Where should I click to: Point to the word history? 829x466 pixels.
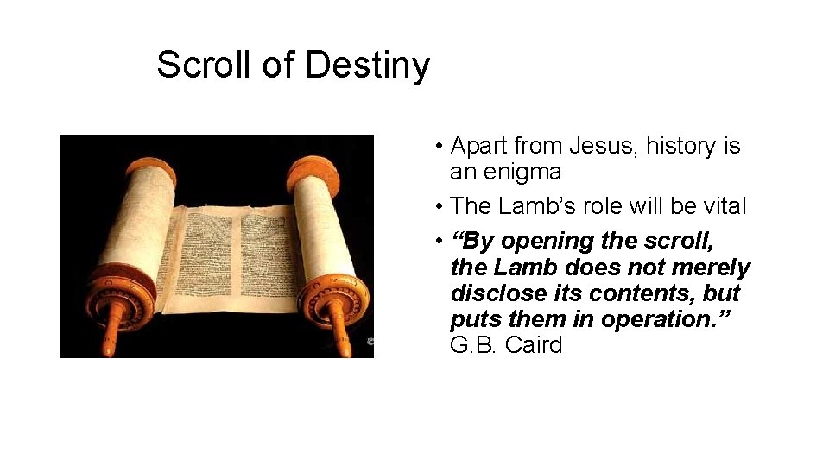tap(682, 146)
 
